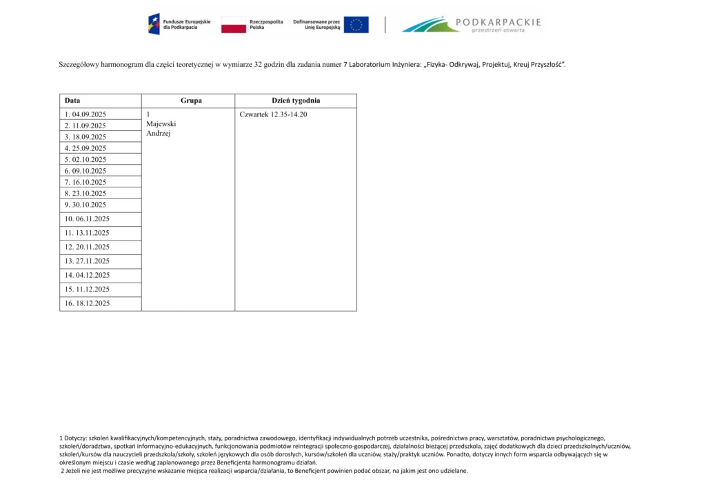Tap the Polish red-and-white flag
point(233,26)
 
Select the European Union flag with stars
point(356,26)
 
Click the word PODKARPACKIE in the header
point(499,22)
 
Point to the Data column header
point(72,101)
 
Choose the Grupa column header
point(191,101)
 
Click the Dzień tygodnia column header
point(296,101)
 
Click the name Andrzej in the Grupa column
point(159,134)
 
